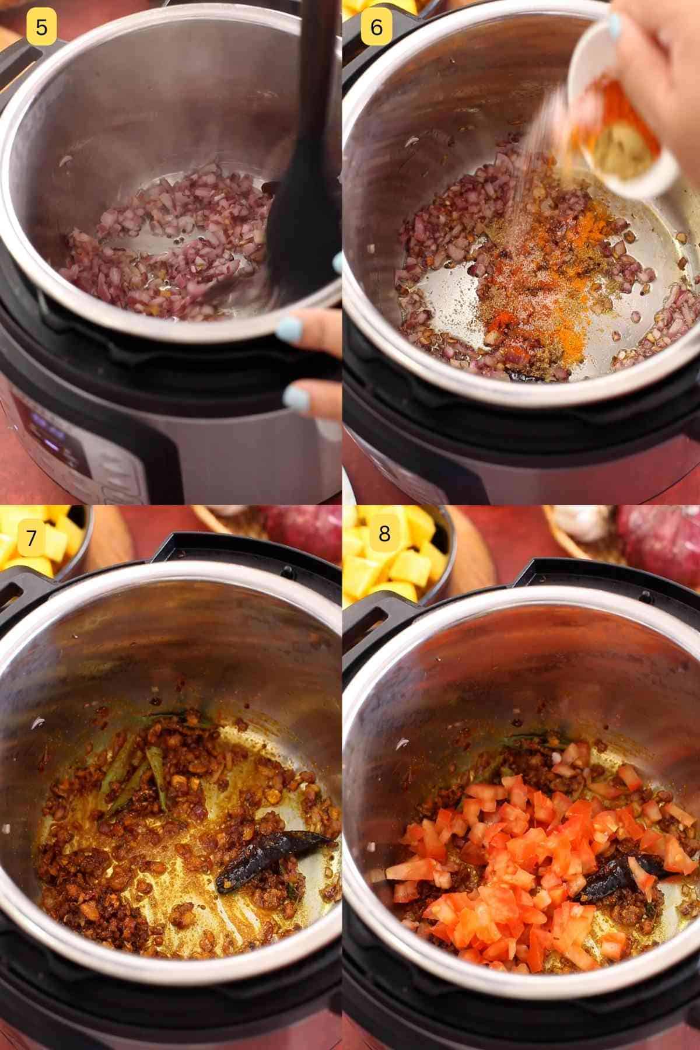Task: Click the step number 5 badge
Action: [x=41, y=27]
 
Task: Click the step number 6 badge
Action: [x=376, y=27]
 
